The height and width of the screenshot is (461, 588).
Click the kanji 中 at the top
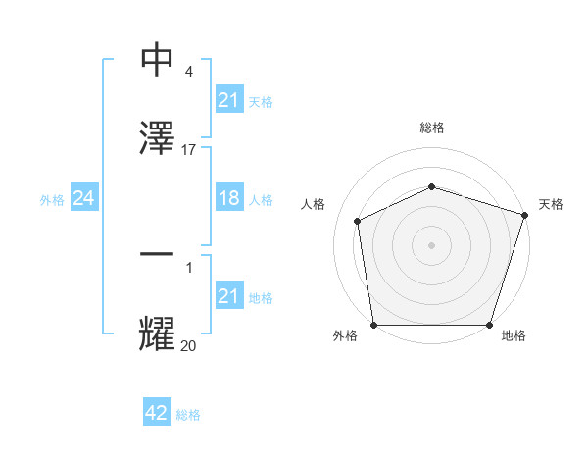158,61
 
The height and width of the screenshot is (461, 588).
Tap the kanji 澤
158,136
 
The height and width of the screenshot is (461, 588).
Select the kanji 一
158,255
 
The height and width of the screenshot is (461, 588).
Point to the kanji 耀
158,333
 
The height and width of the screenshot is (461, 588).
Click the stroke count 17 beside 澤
189,149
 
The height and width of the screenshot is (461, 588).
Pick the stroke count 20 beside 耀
189,345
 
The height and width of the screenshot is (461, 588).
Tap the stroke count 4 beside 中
188,73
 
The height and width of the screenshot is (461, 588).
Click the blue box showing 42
157,413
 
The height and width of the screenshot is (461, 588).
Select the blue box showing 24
83,199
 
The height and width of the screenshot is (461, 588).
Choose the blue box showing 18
228,198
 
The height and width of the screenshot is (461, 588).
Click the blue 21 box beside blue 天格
228,100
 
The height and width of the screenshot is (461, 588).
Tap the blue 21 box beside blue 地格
228,296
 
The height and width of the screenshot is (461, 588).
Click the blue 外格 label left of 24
52,200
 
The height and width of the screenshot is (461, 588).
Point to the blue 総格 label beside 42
188,415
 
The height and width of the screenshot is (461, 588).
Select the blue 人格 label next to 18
261,200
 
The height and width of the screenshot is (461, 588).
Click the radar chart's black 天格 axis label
551,204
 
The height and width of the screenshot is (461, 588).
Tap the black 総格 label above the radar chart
431,128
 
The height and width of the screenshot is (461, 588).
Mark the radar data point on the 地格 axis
489,325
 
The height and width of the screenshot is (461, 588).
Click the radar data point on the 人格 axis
358,221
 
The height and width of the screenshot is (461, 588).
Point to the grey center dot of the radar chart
431,245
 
